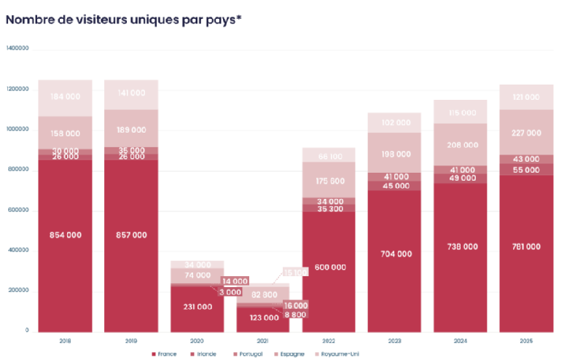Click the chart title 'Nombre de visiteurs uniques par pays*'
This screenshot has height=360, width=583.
pyautogui.click(x=124, y=20)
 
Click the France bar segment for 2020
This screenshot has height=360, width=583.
pyautogui.click(x=197, y=307)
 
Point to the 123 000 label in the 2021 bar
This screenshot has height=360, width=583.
pyautogui.click(x=263, y=317)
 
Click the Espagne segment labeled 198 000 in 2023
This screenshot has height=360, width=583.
pyautogui.click(x=395, y=154)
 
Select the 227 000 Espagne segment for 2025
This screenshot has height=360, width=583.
pyautogui.click(x=526, y=133)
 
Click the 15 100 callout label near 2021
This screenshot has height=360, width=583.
pyautogui.click(x=297, y=272)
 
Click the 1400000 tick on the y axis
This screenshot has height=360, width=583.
pyautogui.click(x=17, y=49)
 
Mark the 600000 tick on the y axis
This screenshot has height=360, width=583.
pyautogui.click(x=17, y=210)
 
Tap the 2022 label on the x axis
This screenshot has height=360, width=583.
pyautogui.click(x=329, y=340)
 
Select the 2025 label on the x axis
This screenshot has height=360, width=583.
pyautogui.click(x=526, y=340)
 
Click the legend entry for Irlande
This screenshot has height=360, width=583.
pyautogui.click(x=206, y=353)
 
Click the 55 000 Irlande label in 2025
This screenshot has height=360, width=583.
pyautogui.click(x=526, y=169)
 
